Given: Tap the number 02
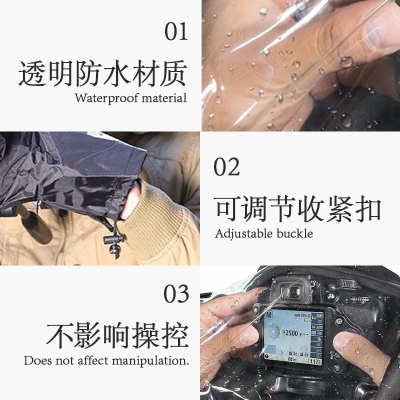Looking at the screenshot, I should point(227,166).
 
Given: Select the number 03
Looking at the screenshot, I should point(176,294).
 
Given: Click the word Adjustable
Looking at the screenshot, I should point(244,233).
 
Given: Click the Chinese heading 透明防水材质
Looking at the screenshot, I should point(102,73).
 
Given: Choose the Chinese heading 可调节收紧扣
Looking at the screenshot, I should point(298,209).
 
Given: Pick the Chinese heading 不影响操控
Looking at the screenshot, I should point(117,335).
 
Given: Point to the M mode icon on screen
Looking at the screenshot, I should point(268,316).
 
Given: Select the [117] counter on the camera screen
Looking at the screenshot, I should point(314,360).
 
